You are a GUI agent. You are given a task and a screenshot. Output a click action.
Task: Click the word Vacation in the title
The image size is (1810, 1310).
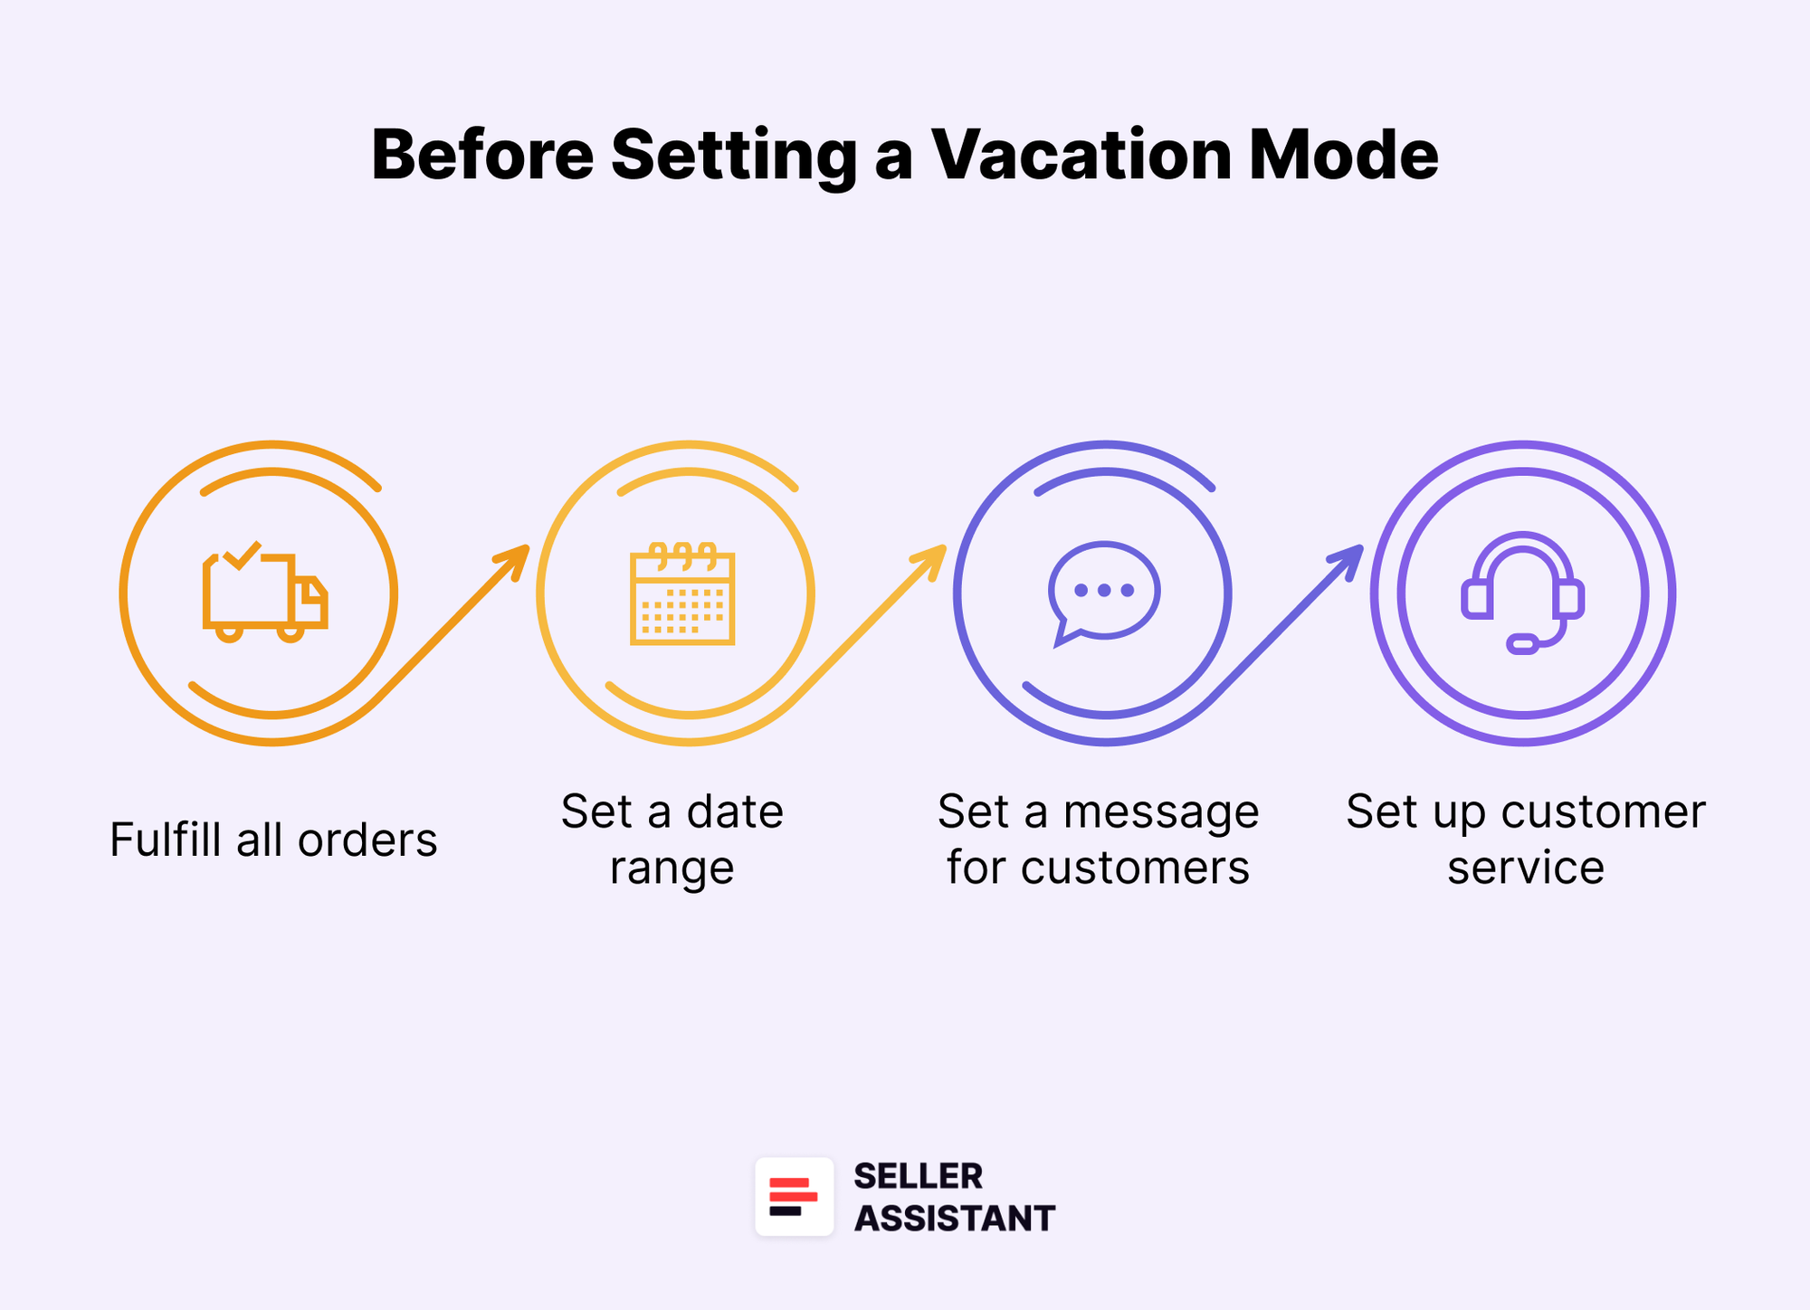[x=1081, y=155]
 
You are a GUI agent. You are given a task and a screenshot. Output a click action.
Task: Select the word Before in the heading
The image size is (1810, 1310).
[x=482, y=155]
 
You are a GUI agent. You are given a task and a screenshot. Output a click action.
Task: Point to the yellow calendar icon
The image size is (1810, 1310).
[x=682, y=594]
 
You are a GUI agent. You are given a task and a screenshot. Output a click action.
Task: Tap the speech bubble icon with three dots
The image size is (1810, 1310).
[x=1103, y=593]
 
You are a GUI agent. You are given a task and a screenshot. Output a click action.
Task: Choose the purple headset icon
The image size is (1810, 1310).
[x=1522, y=593]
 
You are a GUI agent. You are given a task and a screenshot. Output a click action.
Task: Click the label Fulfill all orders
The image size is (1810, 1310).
[x=273, y=840]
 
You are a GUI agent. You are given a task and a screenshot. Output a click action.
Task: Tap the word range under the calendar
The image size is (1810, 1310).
[x=672, y=869]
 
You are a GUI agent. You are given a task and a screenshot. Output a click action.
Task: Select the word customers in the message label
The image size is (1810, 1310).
[x=1135, y=869]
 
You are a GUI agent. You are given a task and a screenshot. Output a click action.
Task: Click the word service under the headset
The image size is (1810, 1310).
[x=1525, y=869]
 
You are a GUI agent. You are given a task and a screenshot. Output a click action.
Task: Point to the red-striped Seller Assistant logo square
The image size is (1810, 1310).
[x=794, y=1196]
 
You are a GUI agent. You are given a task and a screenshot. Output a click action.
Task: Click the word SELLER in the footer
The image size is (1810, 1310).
[x=918, y=1176]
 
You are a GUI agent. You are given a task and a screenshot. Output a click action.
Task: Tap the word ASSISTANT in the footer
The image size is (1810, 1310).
[x=954, y=1219]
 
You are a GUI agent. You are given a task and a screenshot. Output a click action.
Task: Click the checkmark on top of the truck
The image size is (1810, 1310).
[x=242, y=555]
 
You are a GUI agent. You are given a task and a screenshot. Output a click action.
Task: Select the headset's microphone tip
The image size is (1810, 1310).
[x=1522, y=644]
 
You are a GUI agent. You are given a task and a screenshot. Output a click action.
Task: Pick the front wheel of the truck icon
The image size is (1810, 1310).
[x=290, y=631]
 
